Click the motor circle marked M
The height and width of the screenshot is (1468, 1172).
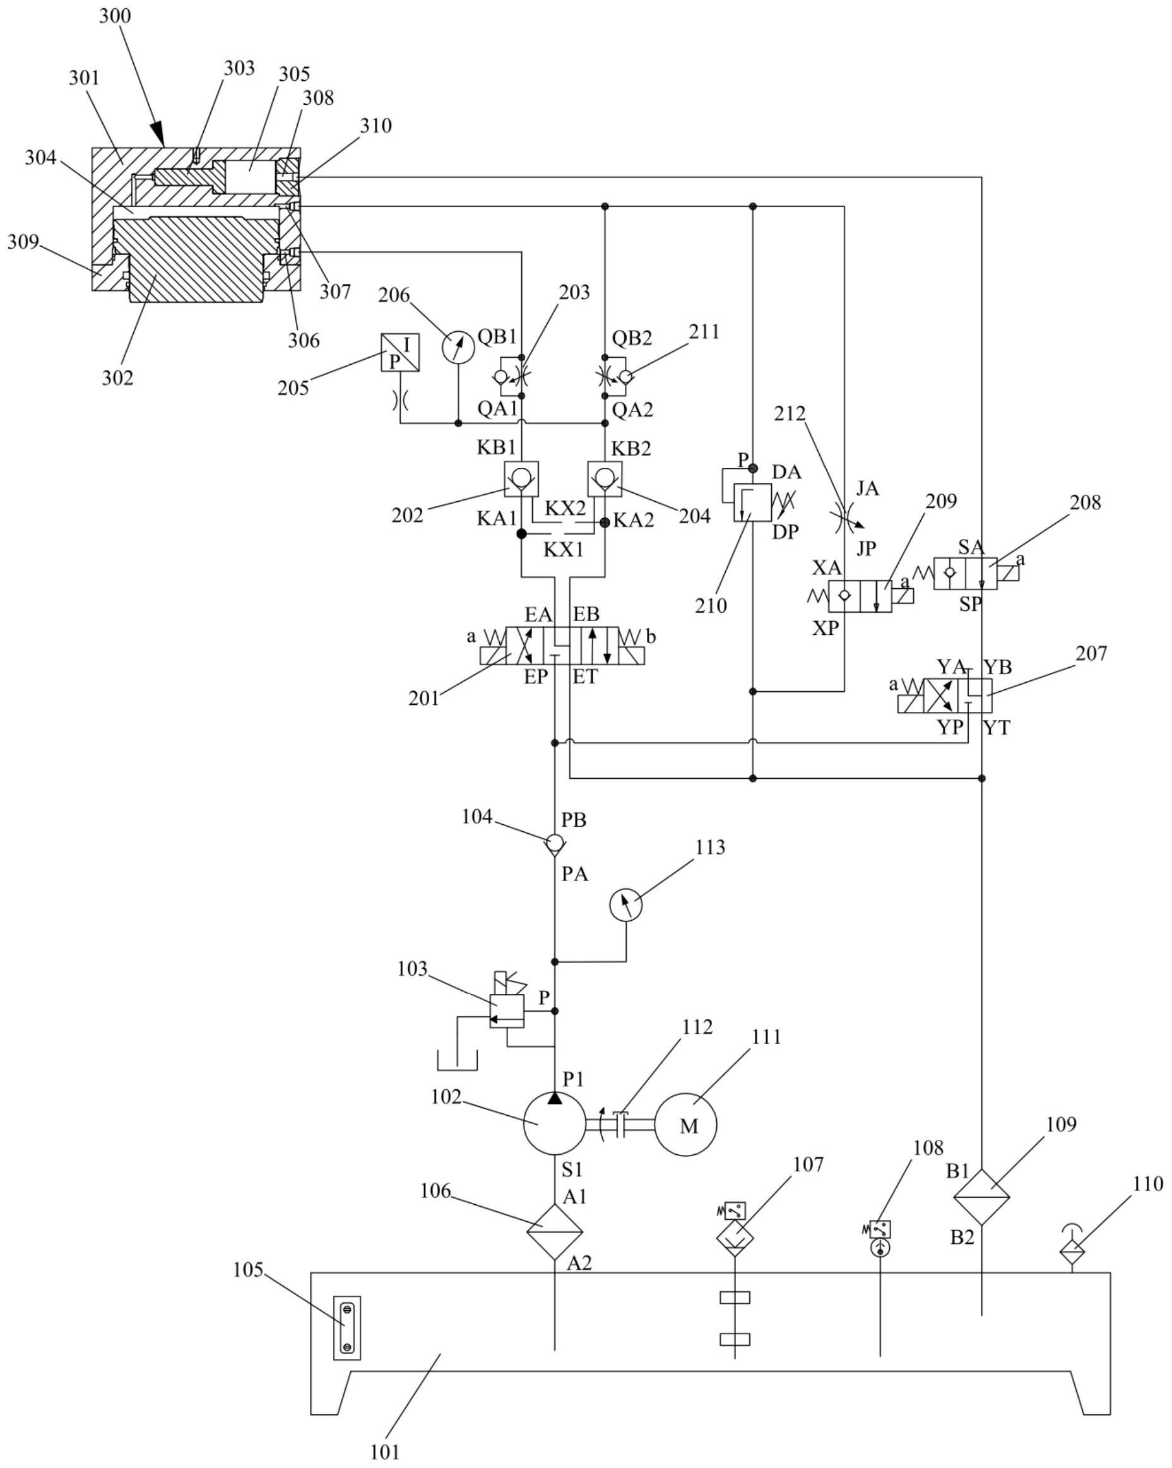click(686, 1124)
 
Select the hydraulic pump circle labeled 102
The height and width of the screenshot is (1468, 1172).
click(554, 1124)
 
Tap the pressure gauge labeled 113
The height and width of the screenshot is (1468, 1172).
click(626, 905)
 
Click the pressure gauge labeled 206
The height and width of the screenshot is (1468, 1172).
click(458, 347)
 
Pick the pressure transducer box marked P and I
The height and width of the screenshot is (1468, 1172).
click(400, 352)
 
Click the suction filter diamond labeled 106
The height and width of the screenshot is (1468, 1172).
click(554, 1232)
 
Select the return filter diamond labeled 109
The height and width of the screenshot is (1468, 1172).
click(981, 1197)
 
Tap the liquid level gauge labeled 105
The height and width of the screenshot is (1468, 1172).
click(346, 1328)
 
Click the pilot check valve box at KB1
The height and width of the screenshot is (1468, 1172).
click(521, 478)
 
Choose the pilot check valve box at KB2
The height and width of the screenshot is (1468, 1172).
click(605, 478)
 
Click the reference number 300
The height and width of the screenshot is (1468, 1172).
click(114, 16)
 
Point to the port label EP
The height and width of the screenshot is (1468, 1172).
click(535, 677)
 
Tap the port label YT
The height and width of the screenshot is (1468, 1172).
click(997, 728)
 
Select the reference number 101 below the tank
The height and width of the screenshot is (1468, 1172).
click(385, 1452)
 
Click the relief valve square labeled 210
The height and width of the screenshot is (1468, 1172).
click(752, 502)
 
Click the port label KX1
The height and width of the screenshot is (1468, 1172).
click(563, 550)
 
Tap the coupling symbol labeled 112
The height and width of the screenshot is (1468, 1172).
click(619, 1123)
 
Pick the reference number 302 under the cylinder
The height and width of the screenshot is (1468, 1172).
click(118, 377)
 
